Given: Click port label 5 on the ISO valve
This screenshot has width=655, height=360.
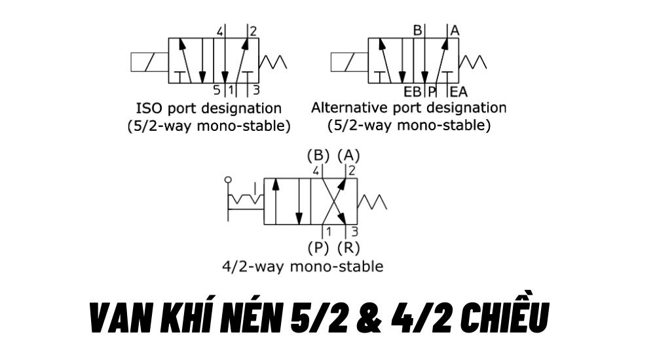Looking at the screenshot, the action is (x=216, y=90).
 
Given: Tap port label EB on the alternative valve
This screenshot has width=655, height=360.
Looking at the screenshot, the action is (x=413, y=92).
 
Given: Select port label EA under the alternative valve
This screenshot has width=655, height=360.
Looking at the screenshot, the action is (x=458, y=92).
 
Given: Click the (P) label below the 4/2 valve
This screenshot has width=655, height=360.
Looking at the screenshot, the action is (x=318, y=247).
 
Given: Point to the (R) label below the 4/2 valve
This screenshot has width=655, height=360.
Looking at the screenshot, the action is (x=349, y=247).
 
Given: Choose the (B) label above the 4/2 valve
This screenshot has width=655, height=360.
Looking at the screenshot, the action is (x=318, y=155).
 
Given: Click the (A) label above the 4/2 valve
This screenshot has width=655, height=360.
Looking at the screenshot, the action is (x=349, y=155).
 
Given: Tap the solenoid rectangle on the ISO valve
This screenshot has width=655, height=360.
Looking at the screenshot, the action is (x=149, y=62).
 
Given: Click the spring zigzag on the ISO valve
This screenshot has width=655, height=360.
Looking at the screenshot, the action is (x=272, y=62).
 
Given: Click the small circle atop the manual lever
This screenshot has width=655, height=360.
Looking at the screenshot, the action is (x=228, y=180).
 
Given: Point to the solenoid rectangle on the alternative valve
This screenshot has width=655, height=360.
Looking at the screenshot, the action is (x=350, y=62).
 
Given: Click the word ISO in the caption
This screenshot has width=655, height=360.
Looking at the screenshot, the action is (x=149, y=108).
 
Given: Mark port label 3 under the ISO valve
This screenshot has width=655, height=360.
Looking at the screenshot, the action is (x=256, y=90).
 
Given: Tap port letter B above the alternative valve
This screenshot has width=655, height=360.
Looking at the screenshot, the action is (x=418, y=31).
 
